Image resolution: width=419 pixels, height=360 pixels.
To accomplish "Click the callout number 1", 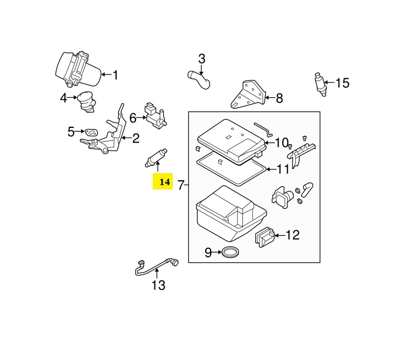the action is point(116,75).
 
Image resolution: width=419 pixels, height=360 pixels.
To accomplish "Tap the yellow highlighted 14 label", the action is point(163,181).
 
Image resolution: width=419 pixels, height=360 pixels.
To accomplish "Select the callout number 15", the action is point(342,83).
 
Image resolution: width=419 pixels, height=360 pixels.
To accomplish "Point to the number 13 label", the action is point(158,285).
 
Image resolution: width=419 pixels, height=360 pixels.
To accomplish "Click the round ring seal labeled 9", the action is point(231,253).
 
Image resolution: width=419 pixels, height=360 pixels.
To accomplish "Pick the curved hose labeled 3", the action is point(199,79).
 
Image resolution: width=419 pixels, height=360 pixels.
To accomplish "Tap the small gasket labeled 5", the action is point(91,132).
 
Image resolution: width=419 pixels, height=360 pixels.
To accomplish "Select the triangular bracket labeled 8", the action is point(248,94).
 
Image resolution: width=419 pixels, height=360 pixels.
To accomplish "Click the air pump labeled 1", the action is point(78,69).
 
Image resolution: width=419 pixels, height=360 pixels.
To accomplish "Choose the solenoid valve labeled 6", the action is point(156,116).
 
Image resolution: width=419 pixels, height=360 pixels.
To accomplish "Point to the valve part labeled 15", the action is point(320,84).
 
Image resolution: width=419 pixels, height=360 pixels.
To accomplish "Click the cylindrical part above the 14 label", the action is point(156,158).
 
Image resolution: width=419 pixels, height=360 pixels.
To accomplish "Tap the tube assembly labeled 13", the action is point(157,267).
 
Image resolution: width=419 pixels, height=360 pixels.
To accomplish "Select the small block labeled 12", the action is point(265,237).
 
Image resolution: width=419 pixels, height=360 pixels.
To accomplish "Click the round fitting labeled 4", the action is point(86,102).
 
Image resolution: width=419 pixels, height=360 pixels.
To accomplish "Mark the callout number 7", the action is point(181,185).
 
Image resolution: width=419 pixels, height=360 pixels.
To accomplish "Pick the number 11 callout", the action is point(283,169).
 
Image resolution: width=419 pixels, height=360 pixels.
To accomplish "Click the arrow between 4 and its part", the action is point(72,98).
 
